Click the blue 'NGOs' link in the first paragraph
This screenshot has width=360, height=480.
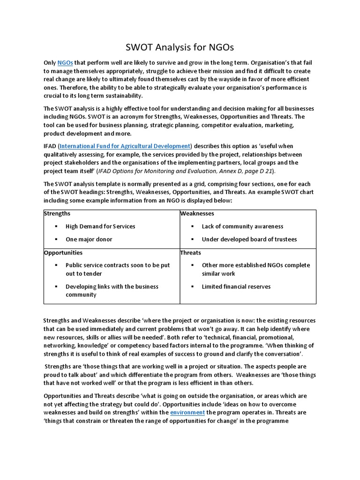pos(65,63)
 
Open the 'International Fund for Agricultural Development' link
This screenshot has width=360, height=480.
pos(125,146)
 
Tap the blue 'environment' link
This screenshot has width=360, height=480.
pos(187,412)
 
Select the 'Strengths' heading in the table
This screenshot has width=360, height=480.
pos(57,214)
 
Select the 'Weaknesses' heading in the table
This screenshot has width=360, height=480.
pos(197,214)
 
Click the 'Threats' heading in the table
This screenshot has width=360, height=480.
pos(190,253)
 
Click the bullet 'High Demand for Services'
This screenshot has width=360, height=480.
pos(100,226)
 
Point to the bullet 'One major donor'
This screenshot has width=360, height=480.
pos(89,240)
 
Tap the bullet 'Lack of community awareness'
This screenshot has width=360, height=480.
pos(242,226)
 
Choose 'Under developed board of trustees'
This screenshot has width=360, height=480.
pos(249,240)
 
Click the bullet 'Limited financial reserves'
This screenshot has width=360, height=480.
pos(236,287)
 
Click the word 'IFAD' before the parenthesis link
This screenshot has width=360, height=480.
pos(50,146)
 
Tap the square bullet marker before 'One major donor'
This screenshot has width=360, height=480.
pos(55,240)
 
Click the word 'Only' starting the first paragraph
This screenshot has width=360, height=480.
pos(50,63)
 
